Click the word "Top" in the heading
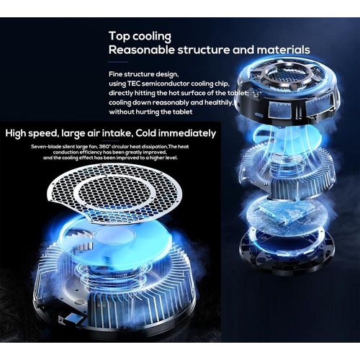[x=120, y=36]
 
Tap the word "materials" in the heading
[x=283, y=50]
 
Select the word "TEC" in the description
[x=134, y=84]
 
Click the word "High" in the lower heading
[x=16, y=133]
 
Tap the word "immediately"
[x=187, y=133]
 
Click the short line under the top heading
[x=119, y=62]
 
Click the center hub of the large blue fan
[x=118, y=236]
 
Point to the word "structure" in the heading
[x=204, y=50]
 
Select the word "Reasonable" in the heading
[x=142, y=50]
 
